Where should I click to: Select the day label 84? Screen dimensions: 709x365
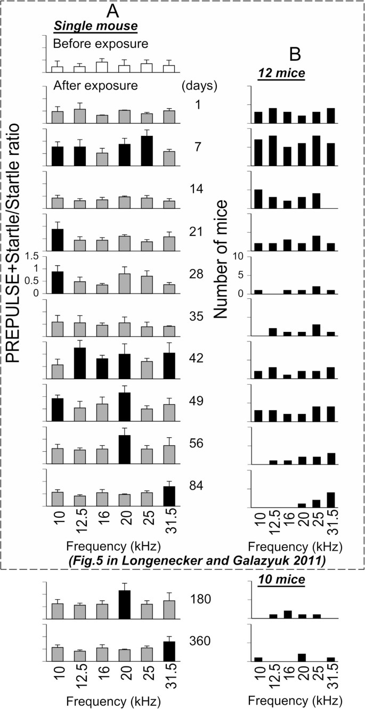197,485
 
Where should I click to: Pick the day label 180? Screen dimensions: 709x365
201,599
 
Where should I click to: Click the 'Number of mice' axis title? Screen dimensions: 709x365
224,260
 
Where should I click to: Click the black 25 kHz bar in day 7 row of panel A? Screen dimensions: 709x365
147,151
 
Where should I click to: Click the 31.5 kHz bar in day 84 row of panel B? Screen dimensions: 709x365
330,500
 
